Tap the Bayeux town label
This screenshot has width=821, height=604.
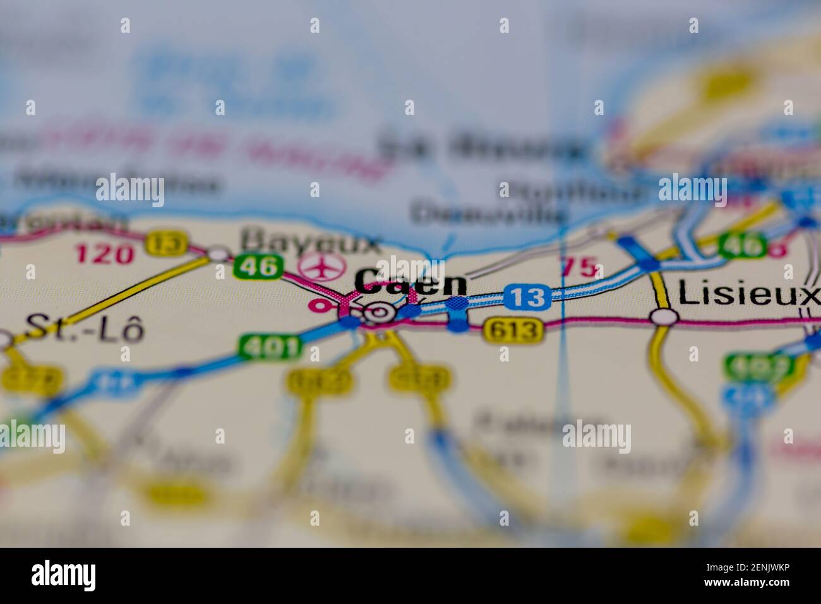[x=312, y=241]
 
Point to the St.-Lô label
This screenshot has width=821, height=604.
[x=84, y=329]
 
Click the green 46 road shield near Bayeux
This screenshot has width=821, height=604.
[x=258, y=267]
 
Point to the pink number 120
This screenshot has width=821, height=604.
[x=104, y=255]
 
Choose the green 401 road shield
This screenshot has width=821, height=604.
[x=270, y=346]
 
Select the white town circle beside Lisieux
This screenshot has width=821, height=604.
[x=664, y=317]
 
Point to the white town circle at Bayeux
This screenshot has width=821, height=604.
[x=219, y=254]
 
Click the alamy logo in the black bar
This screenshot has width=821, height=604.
[x=64, y=576]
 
